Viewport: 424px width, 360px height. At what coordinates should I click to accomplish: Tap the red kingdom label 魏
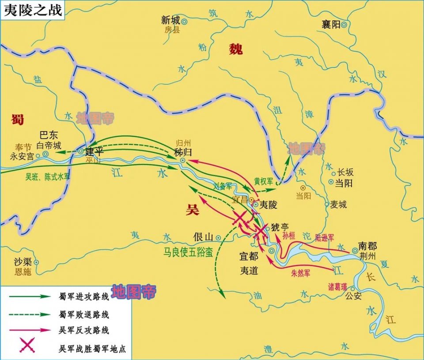click(235, 49)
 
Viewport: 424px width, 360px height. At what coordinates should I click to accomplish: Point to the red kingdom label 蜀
click(18, 119)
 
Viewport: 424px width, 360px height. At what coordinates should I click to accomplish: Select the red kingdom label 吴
click(192, 210)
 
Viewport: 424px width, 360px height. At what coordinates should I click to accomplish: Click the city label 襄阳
click(331, 25)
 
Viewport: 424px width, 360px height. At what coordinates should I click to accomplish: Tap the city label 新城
click(170, 20)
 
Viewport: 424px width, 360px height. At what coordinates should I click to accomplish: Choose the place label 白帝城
click(49, 145)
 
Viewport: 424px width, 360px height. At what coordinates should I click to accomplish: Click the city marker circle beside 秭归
click(182, 160)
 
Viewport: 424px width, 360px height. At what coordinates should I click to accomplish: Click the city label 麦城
click(338, 204)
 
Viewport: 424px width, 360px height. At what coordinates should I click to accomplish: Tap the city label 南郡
click(367, 246)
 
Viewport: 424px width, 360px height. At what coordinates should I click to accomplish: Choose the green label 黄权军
click(264, 181)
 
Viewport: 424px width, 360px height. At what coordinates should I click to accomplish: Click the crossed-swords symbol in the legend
click(27, 345)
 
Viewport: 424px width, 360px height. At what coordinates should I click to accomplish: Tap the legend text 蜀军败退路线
click(84, 315)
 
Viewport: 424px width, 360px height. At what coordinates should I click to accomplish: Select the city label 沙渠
click(22, 262)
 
